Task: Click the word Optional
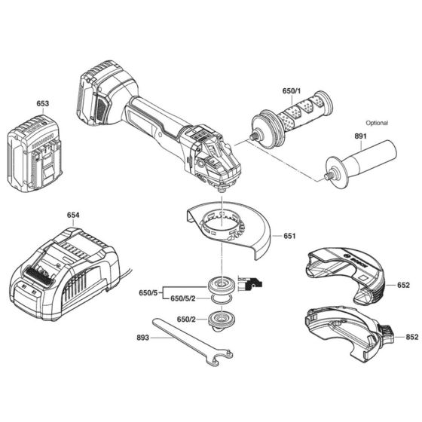point(377,122)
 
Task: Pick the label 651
point(290,236)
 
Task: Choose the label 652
point(403,285)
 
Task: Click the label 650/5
point(149,292)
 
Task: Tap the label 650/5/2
point(183,299)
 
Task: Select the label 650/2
point(188,320)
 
